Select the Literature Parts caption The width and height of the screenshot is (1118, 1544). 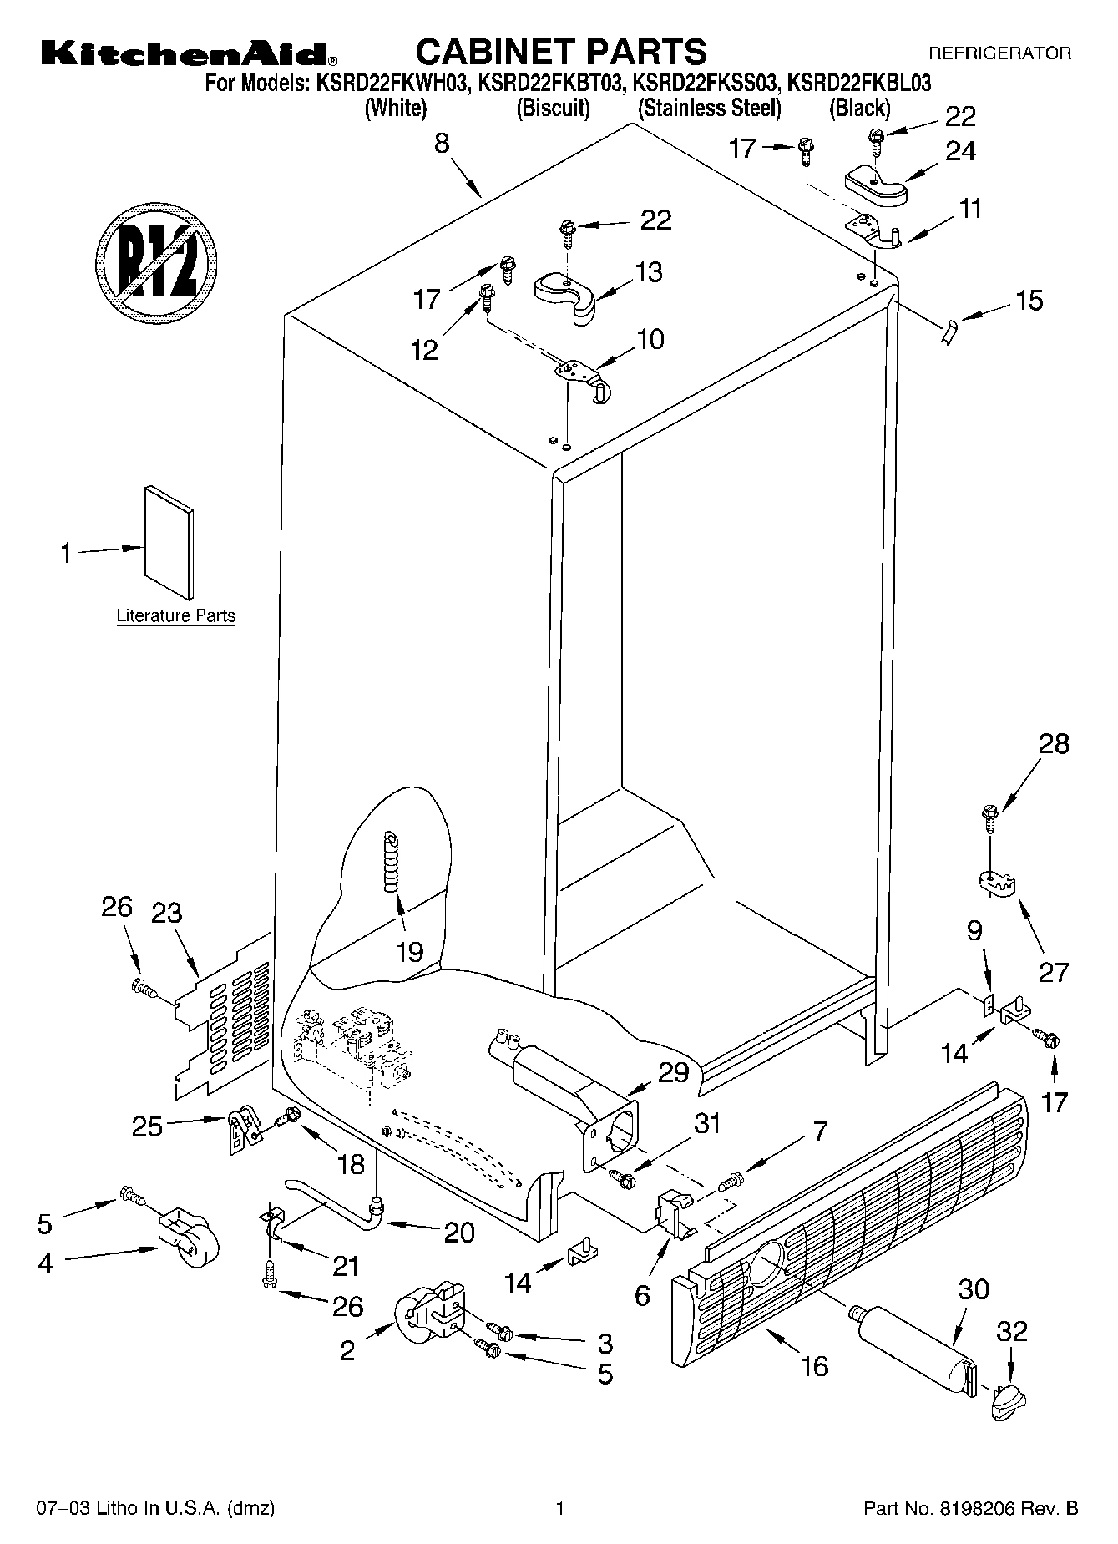[175, 616]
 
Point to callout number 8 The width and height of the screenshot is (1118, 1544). [442, 143]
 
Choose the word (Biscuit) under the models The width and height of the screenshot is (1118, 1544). [554, 108]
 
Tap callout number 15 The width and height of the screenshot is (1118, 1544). [1030, 301]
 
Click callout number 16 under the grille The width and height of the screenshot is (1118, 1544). [814, 1366]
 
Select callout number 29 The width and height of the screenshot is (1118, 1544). [674, 1072]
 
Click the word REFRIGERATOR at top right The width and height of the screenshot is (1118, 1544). [999, 53]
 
